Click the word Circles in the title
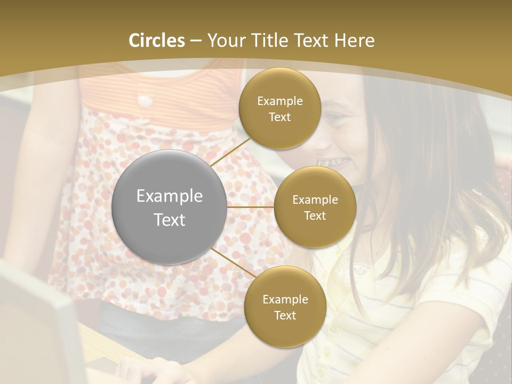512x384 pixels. [157, 41]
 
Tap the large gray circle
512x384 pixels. [169, 207]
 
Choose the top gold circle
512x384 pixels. [279, 108]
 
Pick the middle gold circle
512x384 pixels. [315, 207]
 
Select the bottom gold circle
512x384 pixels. [285, 307]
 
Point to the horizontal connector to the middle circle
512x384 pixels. [250, 207]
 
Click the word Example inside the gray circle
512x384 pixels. [169, 196]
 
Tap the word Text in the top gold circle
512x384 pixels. [279, 117]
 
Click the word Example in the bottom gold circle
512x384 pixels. [285, 299]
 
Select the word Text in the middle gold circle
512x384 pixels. [315, 216]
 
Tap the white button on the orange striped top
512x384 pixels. [143, 100]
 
